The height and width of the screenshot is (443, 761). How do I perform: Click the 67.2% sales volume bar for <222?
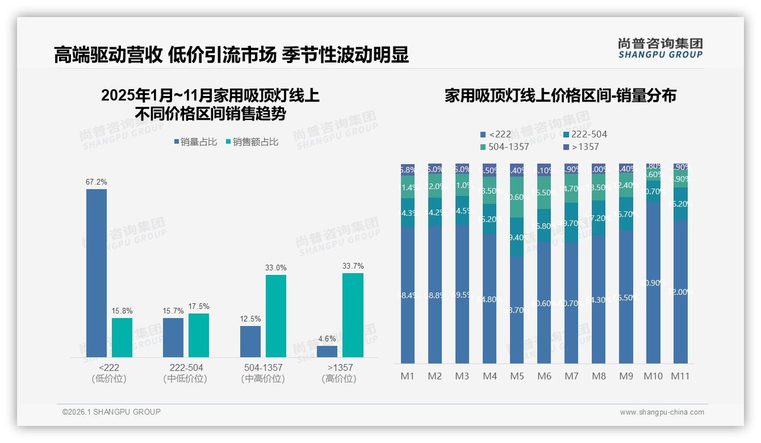tap(97, 273)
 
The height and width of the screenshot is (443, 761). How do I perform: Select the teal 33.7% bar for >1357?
tap(353, 315)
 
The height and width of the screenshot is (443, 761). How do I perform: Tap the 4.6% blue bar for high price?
tap(327, 352)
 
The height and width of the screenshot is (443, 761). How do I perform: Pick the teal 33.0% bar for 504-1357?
tap(276, 316)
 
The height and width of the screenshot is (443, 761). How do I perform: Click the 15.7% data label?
tap(173, 311)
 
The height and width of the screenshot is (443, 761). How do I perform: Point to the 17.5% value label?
tap(199, 307)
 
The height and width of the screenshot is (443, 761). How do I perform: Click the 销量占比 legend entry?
tap(195, 142)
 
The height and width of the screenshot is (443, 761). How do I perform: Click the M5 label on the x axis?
tap(517, 376)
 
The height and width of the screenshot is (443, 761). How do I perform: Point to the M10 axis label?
tap(653, 376)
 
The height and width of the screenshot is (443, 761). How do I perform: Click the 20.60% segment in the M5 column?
tap(517, 197)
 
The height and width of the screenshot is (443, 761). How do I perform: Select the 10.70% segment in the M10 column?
tap(653, 191)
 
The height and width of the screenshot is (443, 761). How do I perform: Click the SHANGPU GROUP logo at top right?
tap(660, 48)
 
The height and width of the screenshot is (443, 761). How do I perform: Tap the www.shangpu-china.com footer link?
tap(662, 412)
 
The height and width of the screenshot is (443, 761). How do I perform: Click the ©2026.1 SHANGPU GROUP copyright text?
tap(111, 412)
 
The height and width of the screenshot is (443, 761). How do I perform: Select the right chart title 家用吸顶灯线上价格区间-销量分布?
tap(560, 95)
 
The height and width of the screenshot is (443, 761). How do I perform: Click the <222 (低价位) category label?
tap(109, 373)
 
